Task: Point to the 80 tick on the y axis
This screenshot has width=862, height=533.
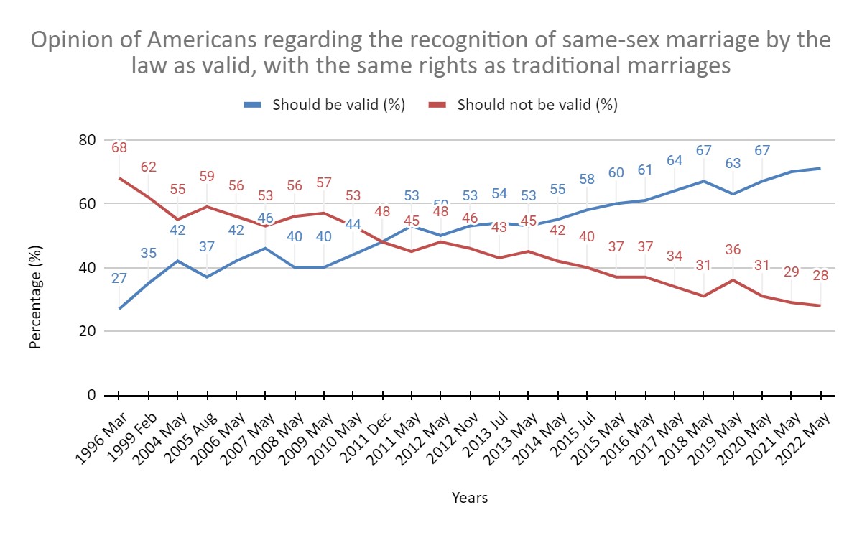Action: (x=87, y=140)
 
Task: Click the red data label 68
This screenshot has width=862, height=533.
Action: (x=119, y=148)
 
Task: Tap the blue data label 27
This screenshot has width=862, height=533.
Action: (x=119, y=278)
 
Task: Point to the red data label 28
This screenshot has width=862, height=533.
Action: (x=820, y=276)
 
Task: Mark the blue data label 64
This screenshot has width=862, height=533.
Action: (x=675, y=161)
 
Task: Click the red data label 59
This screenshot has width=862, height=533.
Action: (x=208, y=175)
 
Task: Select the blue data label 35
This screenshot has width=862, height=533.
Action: (x=149, y=252)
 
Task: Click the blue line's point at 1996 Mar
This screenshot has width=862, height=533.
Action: (x=119, y=309)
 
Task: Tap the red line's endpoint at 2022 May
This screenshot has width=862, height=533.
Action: (x=820, y=306)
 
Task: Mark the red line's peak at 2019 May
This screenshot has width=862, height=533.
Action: (x=733, y=280)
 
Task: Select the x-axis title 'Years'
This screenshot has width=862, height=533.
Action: (x=470, y=498)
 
